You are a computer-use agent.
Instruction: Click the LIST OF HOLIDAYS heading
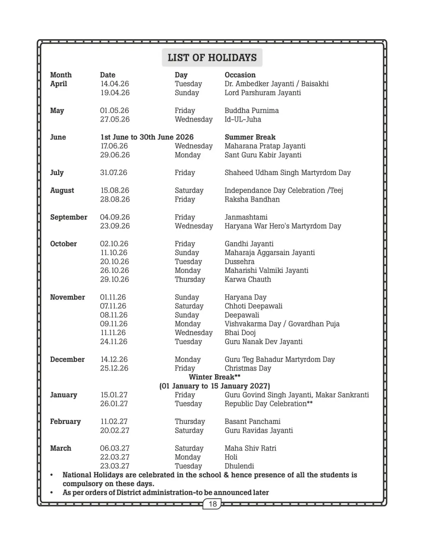coord(212,58)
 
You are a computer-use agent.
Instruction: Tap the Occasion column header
coord(240,75)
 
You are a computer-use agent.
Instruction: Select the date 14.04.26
coord(114,84)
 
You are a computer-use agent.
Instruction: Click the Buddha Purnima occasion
coord(252,111)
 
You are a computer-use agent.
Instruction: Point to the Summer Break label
coord(250,137)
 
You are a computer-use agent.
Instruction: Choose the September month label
coord(69,217)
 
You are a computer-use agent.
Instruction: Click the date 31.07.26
coord(113,173)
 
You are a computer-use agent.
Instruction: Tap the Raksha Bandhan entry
coord(252,199)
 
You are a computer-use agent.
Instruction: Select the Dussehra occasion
coord(239,262)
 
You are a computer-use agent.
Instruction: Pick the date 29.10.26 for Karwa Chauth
coord(114,279)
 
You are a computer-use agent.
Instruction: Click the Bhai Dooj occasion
coord(240,333)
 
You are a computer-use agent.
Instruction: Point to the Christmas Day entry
coord(248,368)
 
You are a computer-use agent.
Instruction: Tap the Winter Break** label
coord(214,377)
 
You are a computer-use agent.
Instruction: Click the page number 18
coord(212,504)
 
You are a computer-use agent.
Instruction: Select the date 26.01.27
coord(114,404)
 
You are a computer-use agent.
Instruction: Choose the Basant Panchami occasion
coord(252,421)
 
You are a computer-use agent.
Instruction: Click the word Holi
coord(231,457)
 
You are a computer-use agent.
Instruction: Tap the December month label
coord(67,360)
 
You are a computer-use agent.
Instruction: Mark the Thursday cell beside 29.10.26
coord(190,279)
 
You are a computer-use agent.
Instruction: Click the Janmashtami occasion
coord(246,217)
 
